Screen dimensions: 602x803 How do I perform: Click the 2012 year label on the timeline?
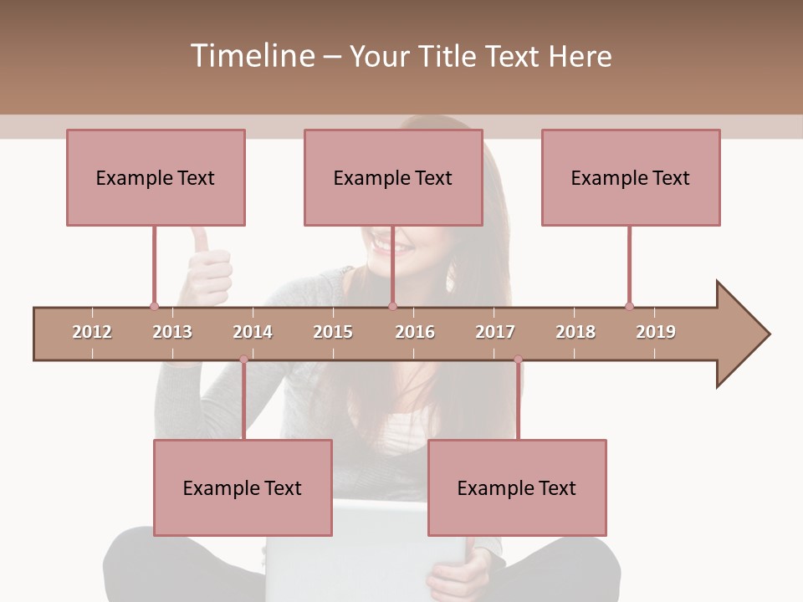click(x=92, y=332)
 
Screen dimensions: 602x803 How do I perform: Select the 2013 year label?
click(x=172, y=332)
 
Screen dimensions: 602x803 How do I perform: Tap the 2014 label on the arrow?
click(x=253, y=332)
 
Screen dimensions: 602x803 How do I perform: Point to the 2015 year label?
click(x=333, y=332)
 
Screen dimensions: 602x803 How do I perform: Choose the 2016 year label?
click(x=415, y=332)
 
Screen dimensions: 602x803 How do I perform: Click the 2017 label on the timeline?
click(x=495, y=332)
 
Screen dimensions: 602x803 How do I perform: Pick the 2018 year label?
click(x=575, y=332)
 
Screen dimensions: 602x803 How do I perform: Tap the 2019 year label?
click(x=656, y=332)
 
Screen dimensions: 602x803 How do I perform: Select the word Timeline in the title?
click(x=250, y=56)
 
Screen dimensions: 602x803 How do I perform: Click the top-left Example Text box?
click(x=156, y=177)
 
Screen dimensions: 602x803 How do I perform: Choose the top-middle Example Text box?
click(x=393, y=177)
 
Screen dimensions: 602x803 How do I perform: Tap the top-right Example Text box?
click(x=631, y=177)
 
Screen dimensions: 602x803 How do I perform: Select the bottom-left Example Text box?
click(x=243, y=487)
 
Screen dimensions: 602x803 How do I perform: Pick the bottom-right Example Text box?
click(x=517, y=487)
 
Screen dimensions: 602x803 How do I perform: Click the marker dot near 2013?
click(x=154, y=306)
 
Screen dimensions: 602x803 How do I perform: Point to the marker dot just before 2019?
click(x=629, y=306)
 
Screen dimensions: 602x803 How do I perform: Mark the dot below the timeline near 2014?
click(x=243, y=360)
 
